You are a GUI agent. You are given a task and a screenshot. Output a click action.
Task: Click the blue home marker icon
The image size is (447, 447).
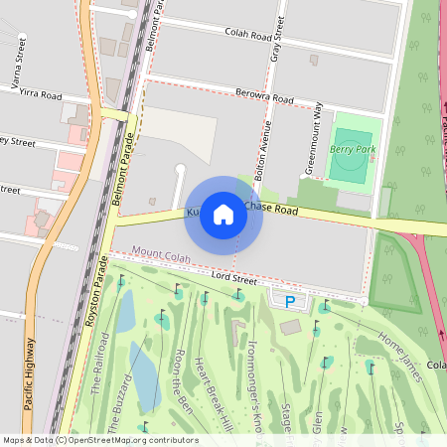(x=223, y=215)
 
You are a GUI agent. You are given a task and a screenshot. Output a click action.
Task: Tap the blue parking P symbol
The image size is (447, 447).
(x=290, y=301)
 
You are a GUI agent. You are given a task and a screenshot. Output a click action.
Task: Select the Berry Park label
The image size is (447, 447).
(x=353, y=148)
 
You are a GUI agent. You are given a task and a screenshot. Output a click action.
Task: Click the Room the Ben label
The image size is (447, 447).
(x=183, y=381)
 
